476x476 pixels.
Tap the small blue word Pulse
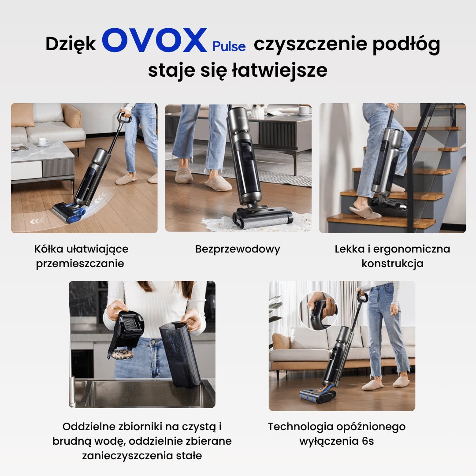pyautogui.click(x=229, y=46)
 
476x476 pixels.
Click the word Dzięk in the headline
pyautogui.click(x=71, y=44)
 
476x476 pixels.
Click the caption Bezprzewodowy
pyautogui.click(x=238, y=249)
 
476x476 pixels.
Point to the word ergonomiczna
pyautogui.click(x=411, y=249)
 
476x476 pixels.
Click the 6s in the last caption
pyautogui.click(x=368, y=441)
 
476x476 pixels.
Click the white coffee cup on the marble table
pyautogui.click(x=43, y=141)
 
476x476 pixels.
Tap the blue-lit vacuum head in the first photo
pyautogui.click(x=70, y=212)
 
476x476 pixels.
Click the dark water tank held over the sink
pyautogui.click(x=179, y=355)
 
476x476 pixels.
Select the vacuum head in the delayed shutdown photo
pyautogui.click(x=317, y=395)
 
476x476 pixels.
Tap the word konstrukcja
pyautogui.click(x=392, y=264)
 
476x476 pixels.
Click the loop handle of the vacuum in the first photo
pyautogui.click(x=124, y=117)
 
